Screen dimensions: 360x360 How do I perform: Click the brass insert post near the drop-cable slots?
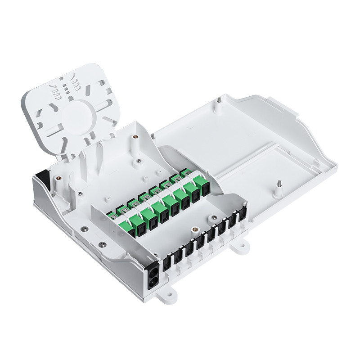click(195, 229)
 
